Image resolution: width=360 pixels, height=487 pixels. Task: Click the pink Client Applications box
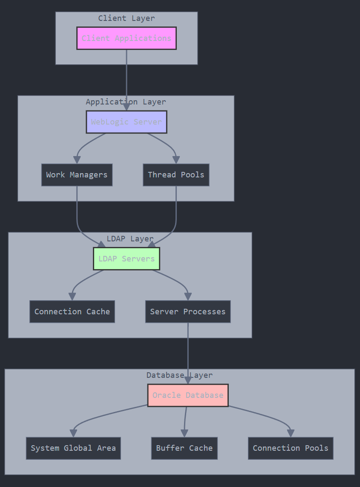tap(127, 38)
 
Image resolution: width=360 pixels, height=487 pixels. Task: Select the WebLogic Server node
tap(127, 122)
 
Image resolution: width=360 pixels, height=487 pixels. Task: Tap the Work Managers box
tap(77, 175)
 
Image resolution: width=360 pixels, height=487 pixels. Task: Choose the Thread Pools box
tap(176, 175)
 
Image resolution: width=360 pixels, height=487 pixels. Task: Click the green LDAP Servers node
tap(127, 259)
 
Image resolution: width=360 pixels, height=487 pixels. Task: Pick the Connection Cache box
tap(72, 312)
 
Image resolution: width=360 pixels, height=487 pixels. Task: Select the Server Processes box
tap(188, 312)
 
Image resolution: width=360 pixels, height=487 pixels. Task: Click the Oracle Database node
tap(188, 395)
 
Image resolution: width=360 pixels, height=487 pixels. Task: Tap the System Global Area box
tap(73, 448)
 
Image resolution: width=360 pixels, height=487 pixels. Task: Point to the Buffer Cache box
tap(184, 448)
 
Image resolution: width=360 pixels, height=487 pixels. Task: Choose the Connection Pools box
tap(291, 448)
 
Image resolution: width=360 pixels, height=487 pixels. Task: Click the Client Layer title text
tap(127, 18)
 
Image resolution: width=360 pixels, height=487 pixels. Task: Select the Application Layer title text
tap(126, 102)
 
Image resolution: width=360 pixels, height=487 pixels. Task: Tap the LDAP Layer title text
tap(130, 239)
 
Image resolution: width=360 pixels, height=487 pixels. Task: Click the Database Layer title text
tap(179, 375)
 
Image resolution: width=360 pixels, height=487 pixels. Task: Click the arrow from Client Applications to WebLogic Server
tap(127, 77)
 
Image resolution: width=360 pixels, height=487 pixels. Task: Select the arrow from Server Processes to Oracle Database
tap(188, 350)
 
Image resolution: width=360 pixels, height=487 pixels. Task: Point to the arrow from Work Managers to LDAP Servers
tap(77, 213)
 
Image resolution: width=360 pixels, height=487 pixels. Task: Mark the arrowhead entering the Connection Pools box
tap(291, 433)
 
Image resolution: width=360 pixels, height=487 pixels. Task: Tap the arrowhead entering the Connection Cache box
tap(72, 296)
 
